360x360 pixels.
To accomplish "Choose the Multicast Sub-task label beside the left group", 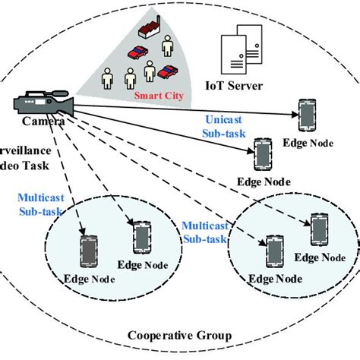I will [x=40, y=204].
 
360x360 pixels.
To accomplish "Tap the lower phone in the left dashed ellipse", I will [x=89, y=251].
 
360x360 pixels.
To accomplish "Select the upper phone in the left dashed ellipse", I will [x=142, y=235].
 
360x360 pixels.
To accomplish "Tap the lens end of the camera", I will [x=70, y=103].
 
